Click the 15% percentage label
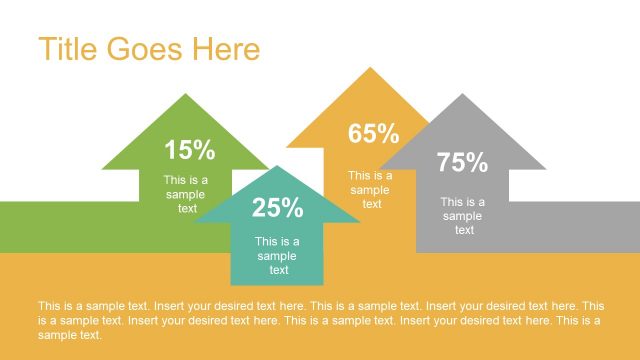tap(190, 151)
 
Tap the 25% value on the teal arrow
tap(277, 208)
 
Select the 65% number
tap(374, 133)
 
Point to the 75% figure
tap(462, 162)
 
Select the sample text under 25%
tap(277, 255)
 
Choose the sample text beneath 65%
tap(371, 190)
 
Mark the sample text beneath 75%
tap(463, 216)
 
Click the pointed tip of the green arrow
tap(185, 96)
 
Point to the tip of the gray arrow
tap(462, 96)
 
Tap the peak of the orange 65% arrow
tap(371, 70)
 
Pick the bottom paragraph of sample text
tap(320, 320)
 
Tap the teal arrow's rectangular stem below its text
tap(277, 280)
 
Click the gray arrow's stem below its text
tap(462, 244)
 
